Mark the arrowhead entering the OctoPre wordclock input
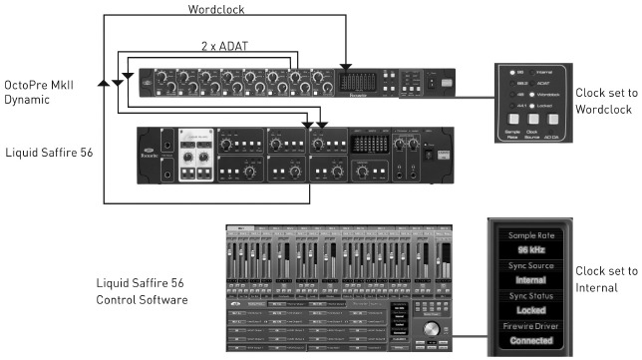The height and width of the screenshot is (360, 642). [344, 64]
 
